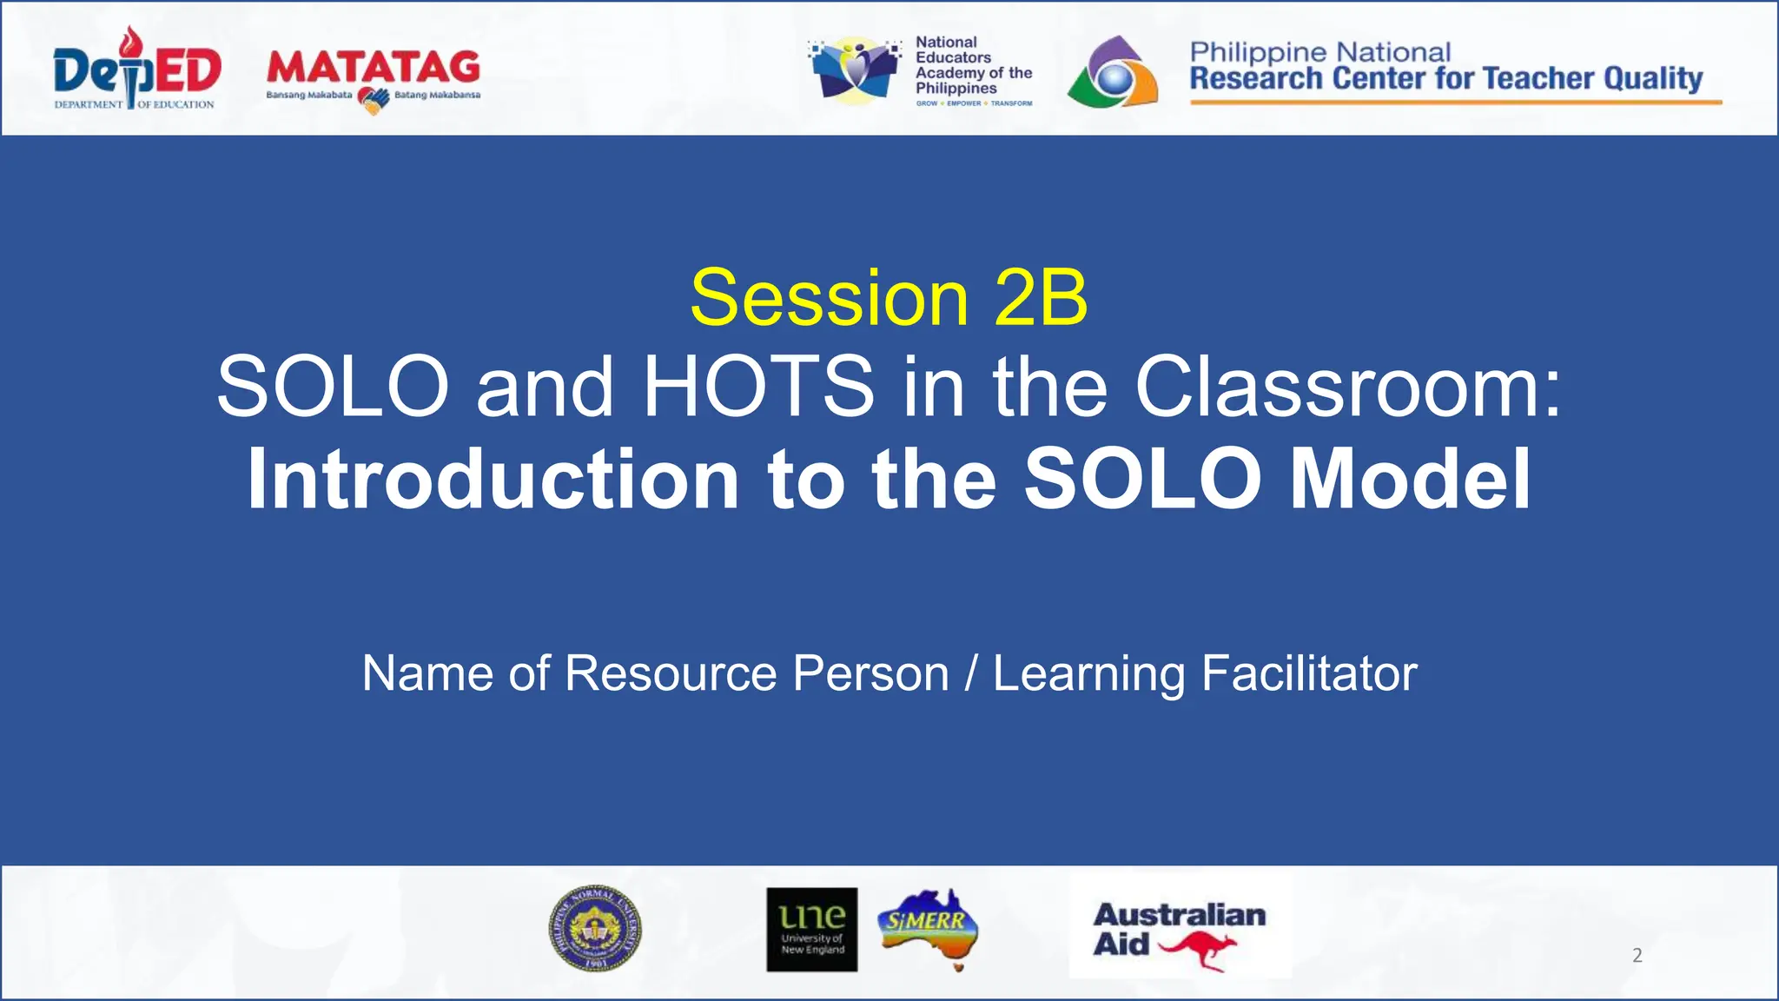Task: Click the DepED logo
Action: pyautogui.click(x=136, y=70)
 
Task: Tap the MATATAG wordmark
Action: pyautogui.click(x=374, y=68)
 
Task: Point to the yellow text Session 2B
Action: pyautogui.click(x=889, y=298)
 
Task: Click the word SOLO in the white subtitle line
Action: pyautogui.click(x=332, y=386)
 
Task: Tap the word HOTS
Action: pyautogui.click(x=758, y=386)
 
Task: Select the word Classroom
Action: pyautogui.click(x=1346, y=386)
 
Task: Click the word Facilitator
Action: pyautogui.click(x=1309, y=673)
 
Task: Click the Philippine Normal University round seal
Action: pyautogui.click(x=595, y=929)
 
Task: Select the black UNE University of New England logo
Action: pyautogui.click(x=811, y=929)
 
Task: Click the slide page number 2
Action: pyautogui.click(x=1637, y=956)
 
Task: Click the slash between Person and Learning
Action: pyautogui.click(x=971, y=673)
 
